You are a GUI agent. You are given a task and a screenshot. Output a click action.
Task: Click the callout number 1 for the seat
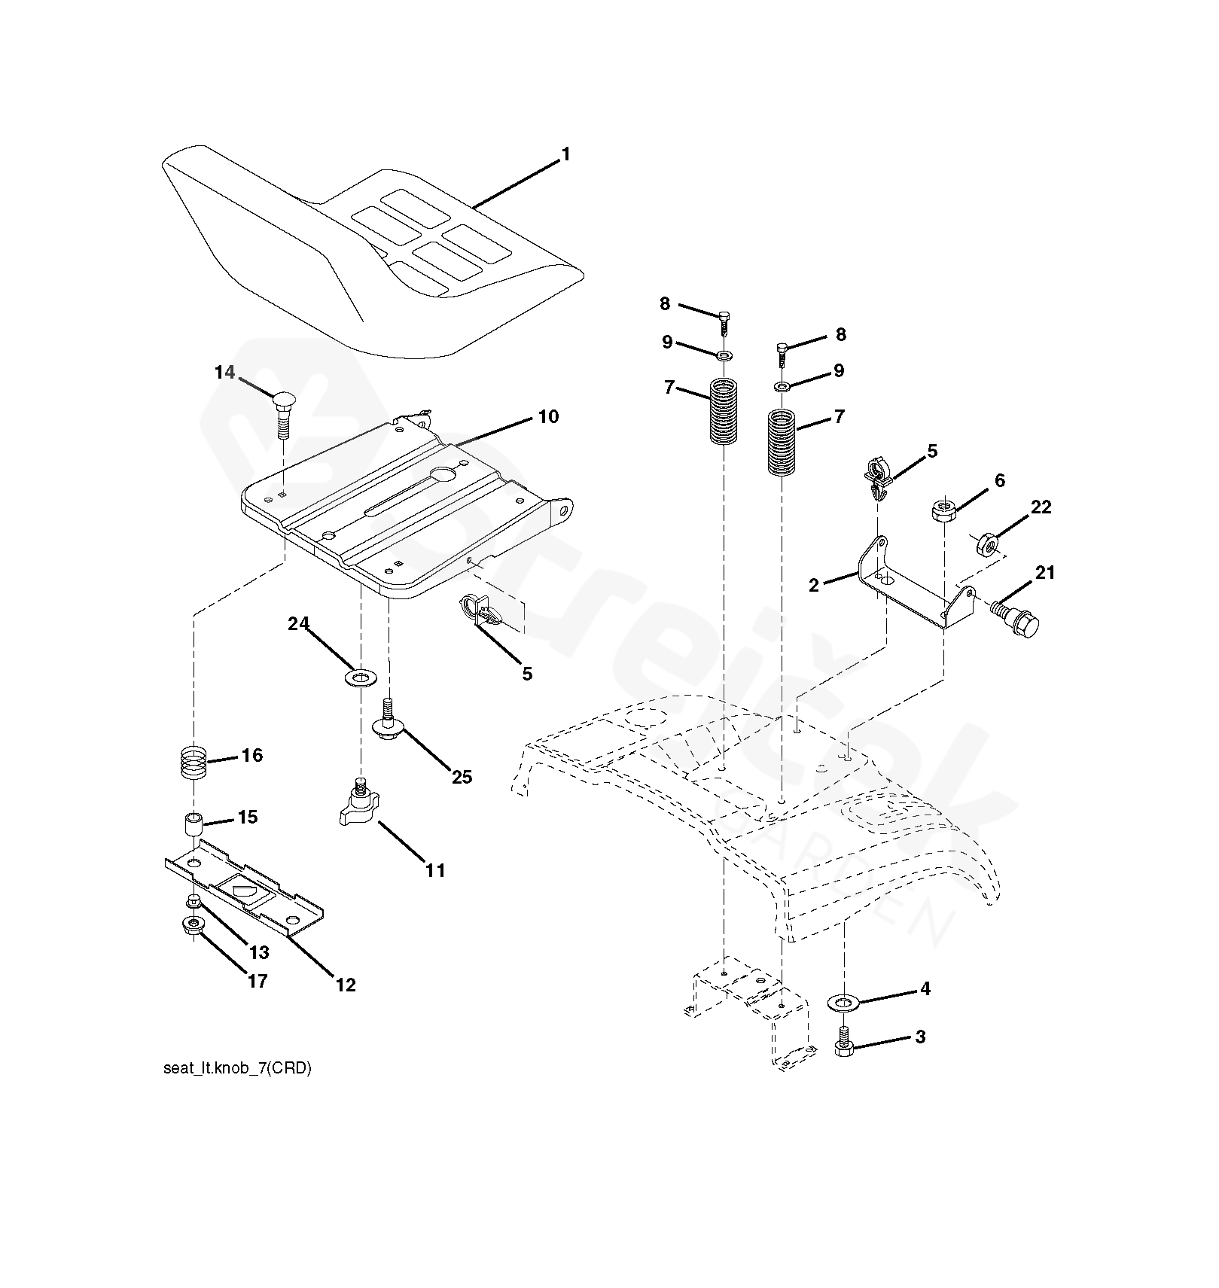(565, 155)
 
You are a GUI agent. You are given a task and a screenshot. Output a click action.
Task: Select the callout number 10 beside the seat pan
(548, 416)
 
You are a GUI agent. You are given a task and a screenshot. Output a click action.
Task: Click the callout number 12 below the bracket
(346, 985)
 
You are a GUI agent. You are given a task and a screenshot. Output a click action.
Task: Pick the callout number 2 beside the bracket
(813, 585)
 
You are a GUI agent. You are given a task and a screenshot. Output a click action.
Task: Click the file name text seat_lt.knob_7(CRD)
(237, 1069)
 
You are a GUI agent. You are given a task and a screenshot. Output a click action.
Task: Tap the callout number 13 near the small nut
(258, 953)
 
